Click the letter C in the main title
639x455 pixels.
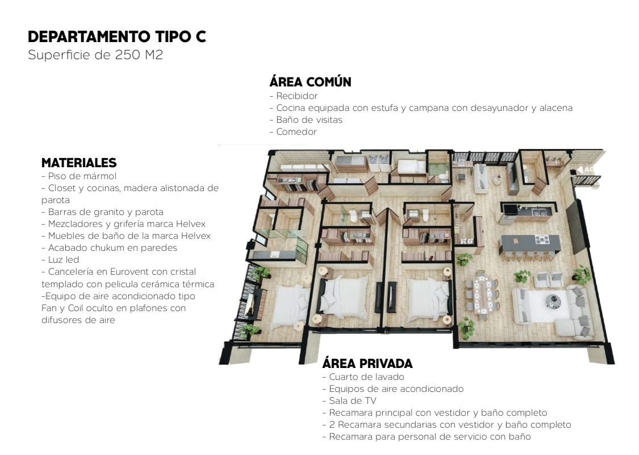tap(199, 37)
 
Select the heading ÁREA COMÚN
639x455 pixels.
tap(310, 81)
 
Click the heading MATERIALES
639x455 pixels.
tap(79, 163)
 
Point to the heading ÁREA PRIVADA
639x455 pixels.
tap(367, 363)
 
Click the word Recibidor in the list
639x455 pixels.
tap(296, 96)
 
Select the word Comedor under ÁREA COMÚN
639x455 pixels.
tap(296, 132)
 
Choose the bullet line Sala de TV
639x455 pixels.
tap(349, 401)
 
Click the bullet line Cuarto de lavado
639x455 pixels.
tap(363, 377)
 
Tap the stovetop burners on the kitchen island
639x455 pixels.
tap(542, 239)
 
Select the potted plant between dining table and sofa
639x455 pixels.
tap(522, 276)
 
